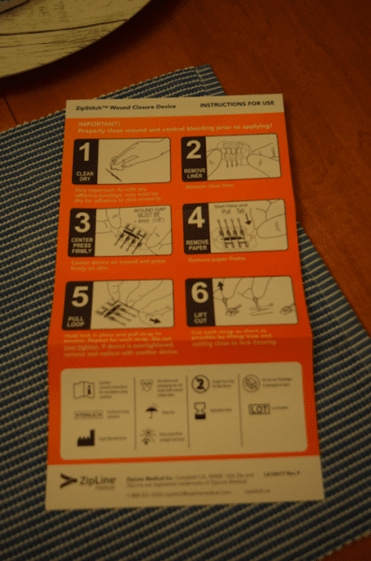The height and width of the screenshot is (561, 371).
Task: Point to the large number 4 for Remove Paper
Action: (195, 216)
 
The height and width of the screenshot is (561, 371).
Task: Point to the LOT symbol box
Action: (258, 409)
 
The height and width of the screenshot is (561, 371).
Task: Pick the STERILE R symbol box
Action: (82, 411)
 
